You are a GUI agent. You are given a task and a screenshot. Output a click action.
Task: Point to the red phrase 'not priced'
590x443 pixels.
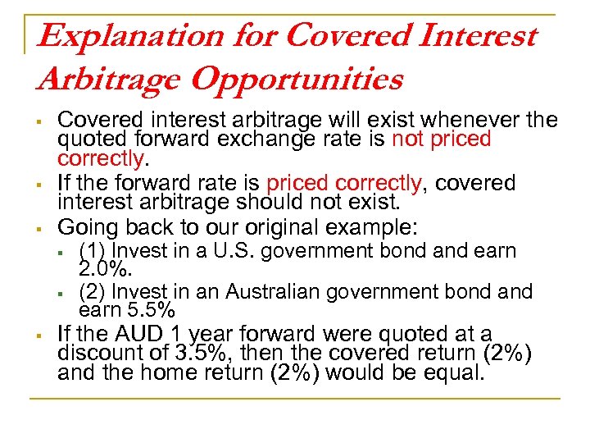click(441, 139)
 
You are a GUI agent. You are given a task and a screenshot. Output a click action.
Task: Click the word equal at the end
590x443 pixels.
click(459, 373)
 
